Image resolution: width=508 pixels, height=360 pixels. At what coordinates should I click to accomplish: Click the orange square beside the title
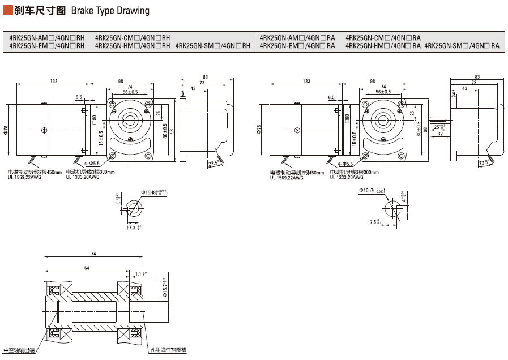point(7,10)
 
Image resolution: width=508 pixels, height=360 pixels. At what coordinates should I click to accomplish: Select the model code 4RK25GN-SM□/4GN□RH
point(213,46)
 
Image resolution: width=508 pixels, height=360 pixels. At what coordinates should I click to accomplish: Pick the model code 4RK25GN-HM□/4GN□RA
point(383,46)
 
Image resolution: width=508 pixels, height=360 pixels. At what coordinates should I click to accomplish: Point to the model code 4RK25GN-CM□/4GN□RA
point(383,38)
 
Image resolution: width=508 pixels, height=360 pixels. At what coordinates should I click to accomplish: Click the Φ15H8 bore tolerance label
point(153,193)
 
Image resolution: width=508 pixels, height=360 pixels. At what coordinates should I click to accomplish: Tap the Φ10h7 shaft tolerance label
point(372,191)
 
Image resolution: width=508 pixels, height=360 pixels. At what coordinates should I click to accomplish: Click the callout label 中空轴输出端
point(19,350)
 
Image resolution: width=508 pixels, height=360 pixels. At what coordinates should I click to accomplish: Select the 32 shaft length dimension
point(440,134)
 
